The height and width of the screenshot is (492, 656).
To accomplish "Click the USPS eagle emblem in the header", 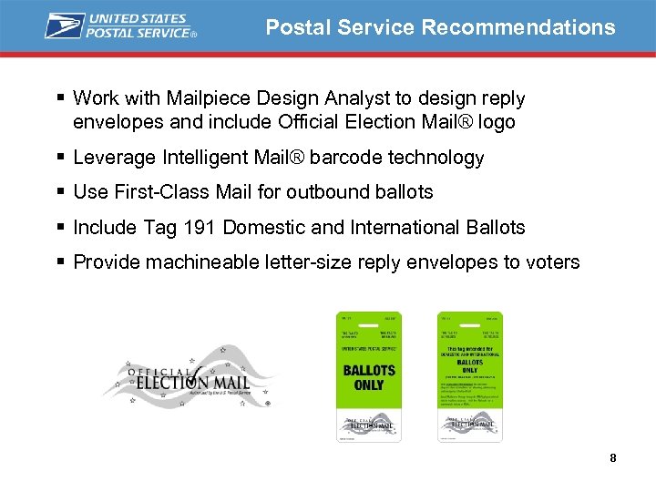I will coord(65,26).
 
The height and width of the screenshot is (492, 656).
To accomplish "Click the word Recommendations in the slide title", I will coord(518,27).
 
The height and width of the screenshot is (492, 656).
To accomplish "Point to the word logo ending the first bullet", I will coord(495,122).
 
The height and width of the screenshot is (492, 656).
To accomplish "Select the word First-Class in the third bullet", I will coord(153,192).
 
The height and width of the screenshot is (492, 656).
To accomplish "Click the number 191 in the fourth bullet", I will coord(198,227).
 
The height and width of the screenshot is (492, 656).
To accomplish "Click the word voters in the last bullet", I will coord(551,262).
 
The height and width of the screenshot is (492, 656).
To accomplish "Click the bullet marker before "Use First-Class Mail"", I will coord(59,192).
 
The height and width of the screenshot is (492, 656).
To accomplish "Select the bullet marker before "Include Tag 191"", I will coord(59,227).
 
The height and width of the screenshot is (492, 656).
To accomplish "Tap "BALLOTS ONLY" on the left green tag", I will coord(369,378).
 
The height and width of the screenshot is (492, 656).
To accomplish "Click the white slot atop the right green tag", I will coord(469,325).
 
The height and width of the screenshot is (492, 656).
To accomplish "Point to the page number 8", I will coord(613,457).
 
